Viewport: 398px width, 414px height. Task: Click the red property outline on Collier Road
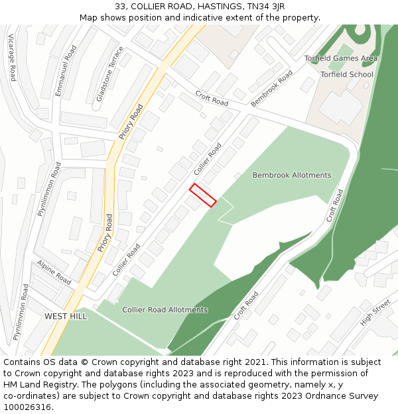coord(203,195)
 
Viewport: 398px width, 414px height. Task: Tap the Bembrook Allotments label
coord(292,176)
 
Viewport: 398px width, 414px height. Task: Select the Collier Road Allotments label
coord(165,310)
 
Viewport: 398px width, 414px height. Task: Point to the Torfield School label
coord(347,74)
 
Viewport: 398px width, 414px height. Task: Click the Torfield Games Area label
coord(341,58)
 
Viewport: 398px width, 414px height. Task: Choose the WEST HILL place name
coord(66,317)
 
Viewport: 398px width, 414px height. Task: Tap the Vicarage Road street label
coord(11,58)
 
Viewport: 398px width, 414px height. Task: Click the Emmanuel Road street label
coord(66,71)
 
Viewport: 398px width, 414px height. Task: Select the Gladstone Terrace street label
coord(109,74)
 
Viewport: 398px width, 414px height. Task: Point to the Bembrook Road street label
coord(272,89)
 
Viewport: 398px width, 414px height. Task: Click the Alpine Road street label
coord(54,273)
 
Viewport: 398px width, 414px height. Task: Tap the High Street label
coord(375,313)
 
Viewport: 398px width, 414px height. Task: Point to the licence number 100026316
coord(27,407)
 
